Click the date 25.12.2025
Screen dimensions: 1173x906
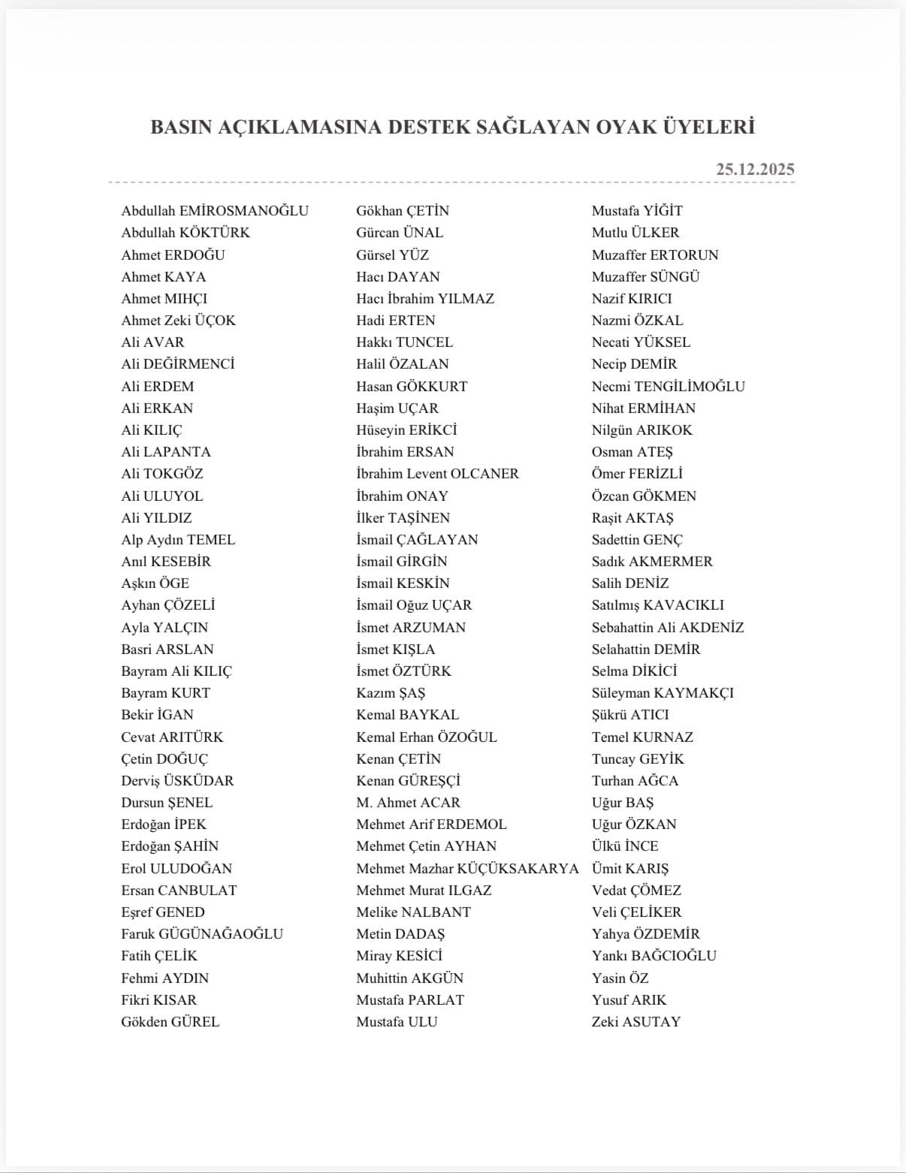[754, 170]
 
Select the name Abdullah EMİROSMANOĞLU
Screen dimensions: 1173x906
[215, 211]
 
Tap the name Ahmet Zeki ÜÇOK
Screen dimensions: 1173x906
[178, 321]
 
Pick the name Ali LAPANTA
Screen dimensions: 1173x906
[166, 452]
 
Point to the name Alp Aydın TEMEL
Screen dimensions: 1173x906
[178, 540]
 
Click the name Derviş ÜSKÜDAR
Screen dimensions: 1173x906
[177, 781]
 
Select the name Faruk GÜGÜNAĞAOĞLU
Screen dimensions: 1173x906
[202, 934]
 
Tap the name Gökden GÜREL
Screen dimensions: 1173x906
[171, 1022]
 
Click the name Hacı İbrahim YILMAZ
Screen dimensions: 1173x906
[425, 299]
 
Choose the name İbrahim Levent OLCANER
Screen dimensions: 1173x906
[437, 474]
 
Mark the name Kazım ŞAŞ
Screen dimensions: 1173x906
[391, 693]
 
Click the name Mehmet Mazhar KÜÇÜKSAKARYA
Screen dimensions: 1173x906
[467, 869]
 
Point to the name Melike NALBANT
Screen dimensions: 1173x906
[413, 912]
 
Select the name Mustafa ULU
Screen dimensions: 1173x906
[397, 1022]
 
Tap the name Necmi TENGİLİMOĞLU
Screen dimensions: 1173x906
[668, 387]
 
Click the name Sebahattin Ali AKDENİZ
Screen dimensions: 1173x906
[667, 628]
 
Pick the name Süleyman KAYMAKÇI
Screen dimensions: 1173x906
[663, 693]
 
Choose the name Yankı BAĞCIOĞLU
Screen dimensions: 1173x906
[654, 956]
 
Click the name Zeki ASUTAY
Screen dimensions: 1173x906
[636, 1022]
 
